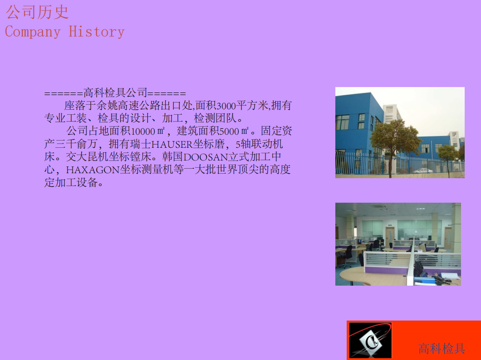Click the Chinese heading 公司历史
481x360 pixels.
[x=37, y=12]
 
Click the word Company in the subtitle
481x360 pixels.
[x=32, y=32]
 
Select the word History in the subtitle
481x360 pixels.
[x=96, y=32]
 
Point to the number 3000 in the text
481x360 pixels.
[x=226, y=107]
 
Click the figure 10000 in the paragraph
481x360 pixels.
[x=143, y=132]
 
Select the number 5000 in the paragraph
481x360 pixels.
[x=229, y=132]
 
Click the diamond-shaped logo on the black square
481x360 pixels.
[x=370, y=341]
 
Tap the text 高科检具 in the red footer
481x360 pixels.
[x=442, y=349]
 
